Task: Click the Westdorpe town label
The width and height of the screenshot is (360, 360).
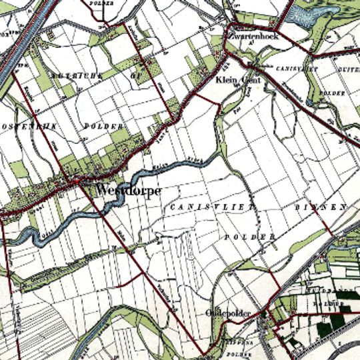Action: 128,190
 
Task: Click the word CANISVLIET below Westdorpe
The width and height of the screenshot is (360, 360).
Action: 212,208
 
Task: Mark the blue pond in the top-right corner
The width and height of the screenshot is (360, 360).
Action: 319,20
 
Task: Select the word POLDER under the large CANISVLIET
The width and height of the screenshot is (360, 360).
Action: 250,237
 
